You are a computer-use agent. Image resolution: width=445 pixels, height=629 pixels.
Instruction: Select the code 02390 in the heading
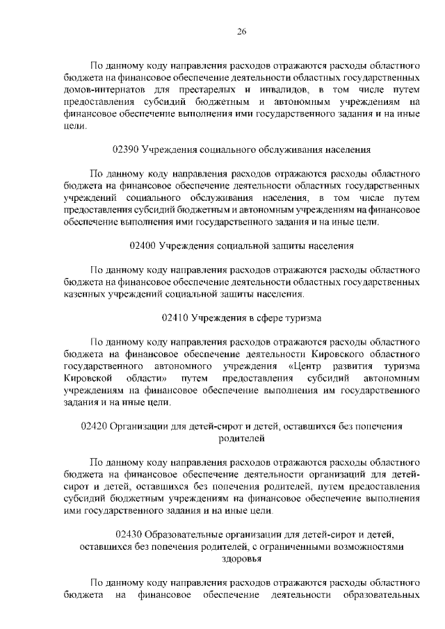coord(125,149)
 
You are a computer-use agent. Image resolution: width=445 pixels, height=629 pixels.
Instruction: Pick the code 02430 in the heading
coord(130,534)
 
